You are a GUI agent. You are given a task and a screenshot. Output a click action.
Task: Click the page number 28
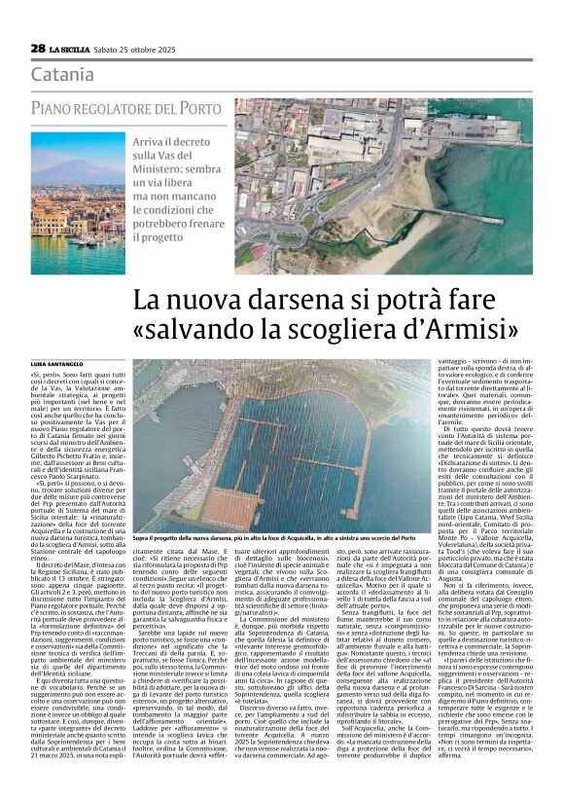pos(38,48)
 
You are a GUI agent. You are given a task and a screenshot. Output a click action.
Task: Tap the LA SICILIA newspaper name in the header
pos(70,49)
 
